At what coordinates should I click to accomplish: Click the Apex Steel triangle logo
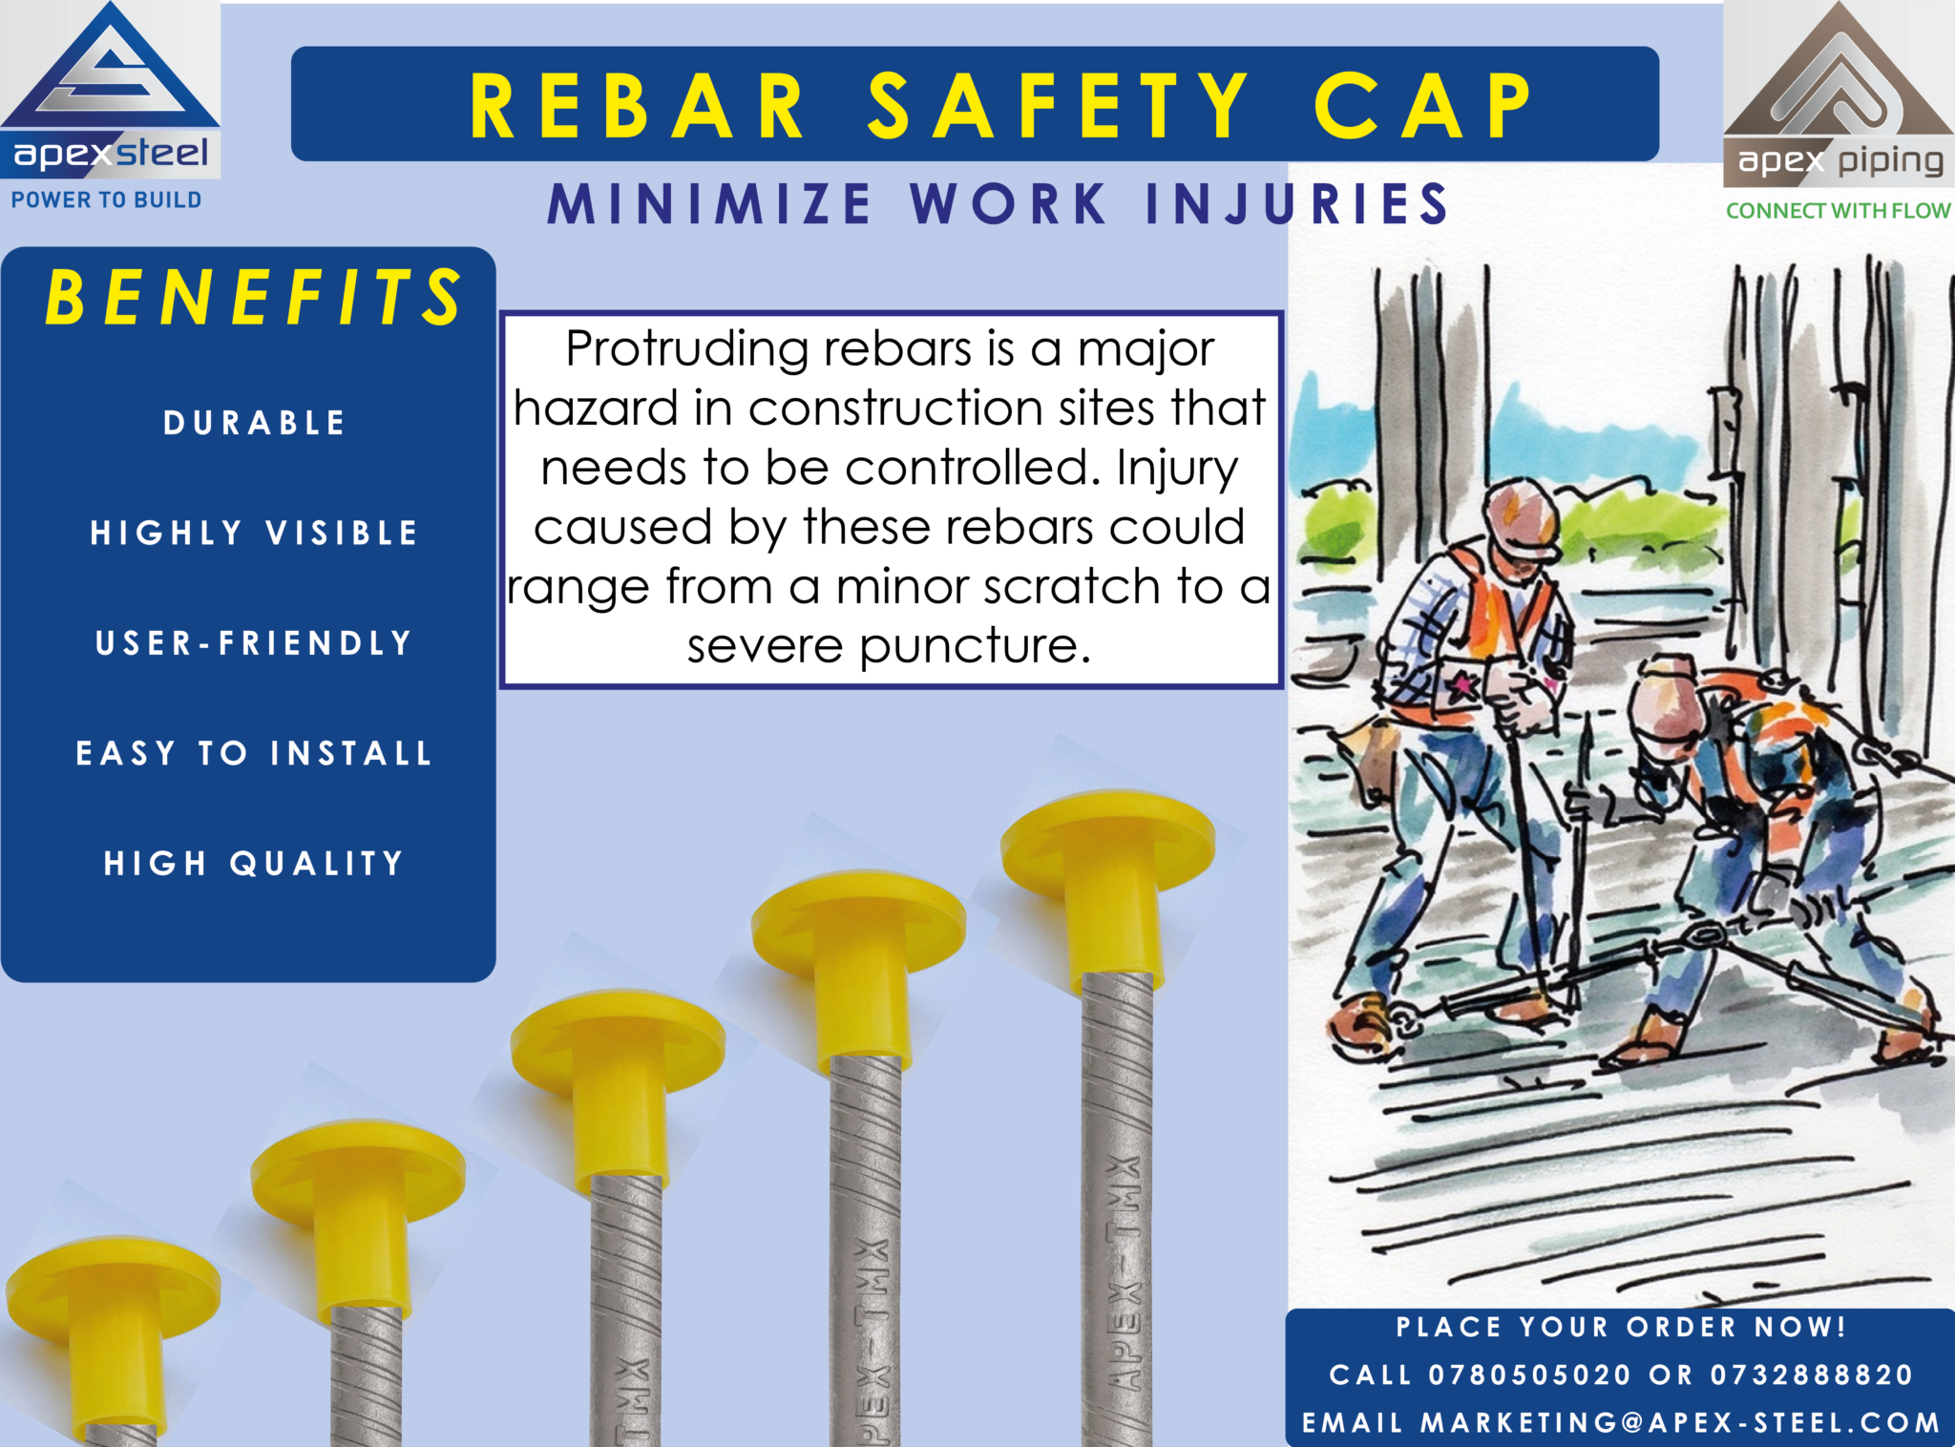pos(110,67)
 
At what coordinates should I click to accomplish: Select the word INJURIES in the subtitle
pos(1296,203)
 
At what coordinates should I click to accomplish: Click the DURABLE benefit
pos(254,423)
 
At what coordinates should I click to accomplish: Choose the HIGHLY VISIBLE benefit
pos(254,533)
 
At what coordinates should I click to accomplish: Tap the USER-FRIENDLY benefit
pos(254,643)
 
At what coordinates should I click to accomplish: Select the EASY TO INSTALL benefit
pos(254,753)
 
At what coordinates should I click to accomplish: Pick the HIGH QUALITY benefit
pos(254,864)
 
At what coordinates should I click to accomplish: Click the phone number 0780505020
pos(1529,1374)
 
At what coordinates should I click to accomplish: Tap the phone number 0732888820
pos(1811,1374)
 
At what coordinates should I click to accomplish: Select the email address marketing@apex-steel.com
pos(1680,1423)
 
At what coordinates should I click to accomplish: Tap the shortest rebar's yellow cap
pos(113,1332)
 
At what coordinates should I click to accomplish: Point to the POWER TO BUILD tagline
pos(106,200)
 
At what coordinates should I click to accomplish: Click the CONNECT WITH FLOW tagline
pos(1838,211)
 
